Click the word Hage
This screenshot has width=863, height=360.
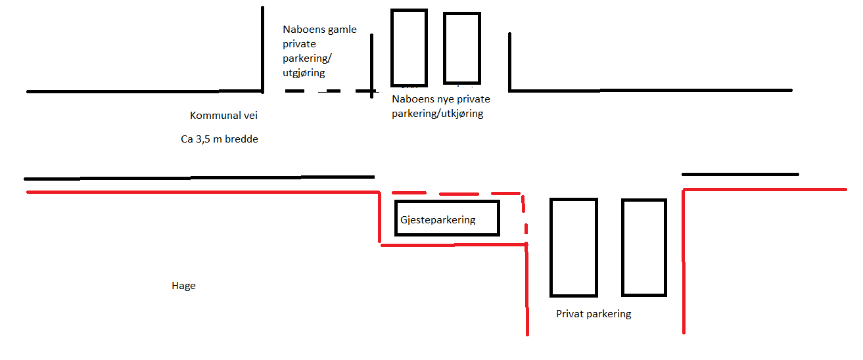tap(183, 286)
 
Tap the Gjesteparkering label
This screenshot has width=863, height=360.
tap(438, 220)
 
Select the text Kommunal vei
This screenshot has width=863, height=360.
tap(223, 116)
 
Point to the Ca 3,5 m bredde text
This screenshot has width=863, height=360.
tap(220, 139)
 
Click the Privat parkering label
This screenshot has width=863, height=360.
tap(594, 314)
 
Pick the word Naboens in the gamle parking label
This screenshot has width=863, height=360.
tap(301, 30)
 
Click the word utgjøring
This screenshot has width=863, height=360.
tap(304, 73)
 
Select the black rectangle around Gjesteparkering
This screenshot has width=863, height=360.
tap(447, 202)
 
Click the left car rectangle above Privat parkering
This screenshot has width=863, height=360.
tap(551, 247)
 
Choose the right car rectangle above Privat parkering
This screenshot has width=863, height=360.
tap(623, 247)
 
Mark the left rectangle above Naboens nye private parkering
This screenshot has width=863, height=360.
tap(392, 48)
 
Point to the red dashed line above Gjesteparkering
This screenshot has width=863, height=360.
tap(456, 193)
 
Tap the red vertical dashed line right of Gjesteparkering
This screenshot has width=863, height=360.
tap(525, 217)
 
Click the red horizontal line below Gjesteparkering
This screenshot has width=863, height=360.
tap(454, 245)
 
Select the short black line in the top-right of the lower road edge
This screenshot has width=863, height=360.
tap(740, 175)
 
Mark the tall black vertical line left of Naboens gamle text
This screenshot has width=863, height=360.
tap(262, 50)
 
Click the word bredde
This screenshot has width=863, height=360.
tap(242, 139)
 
